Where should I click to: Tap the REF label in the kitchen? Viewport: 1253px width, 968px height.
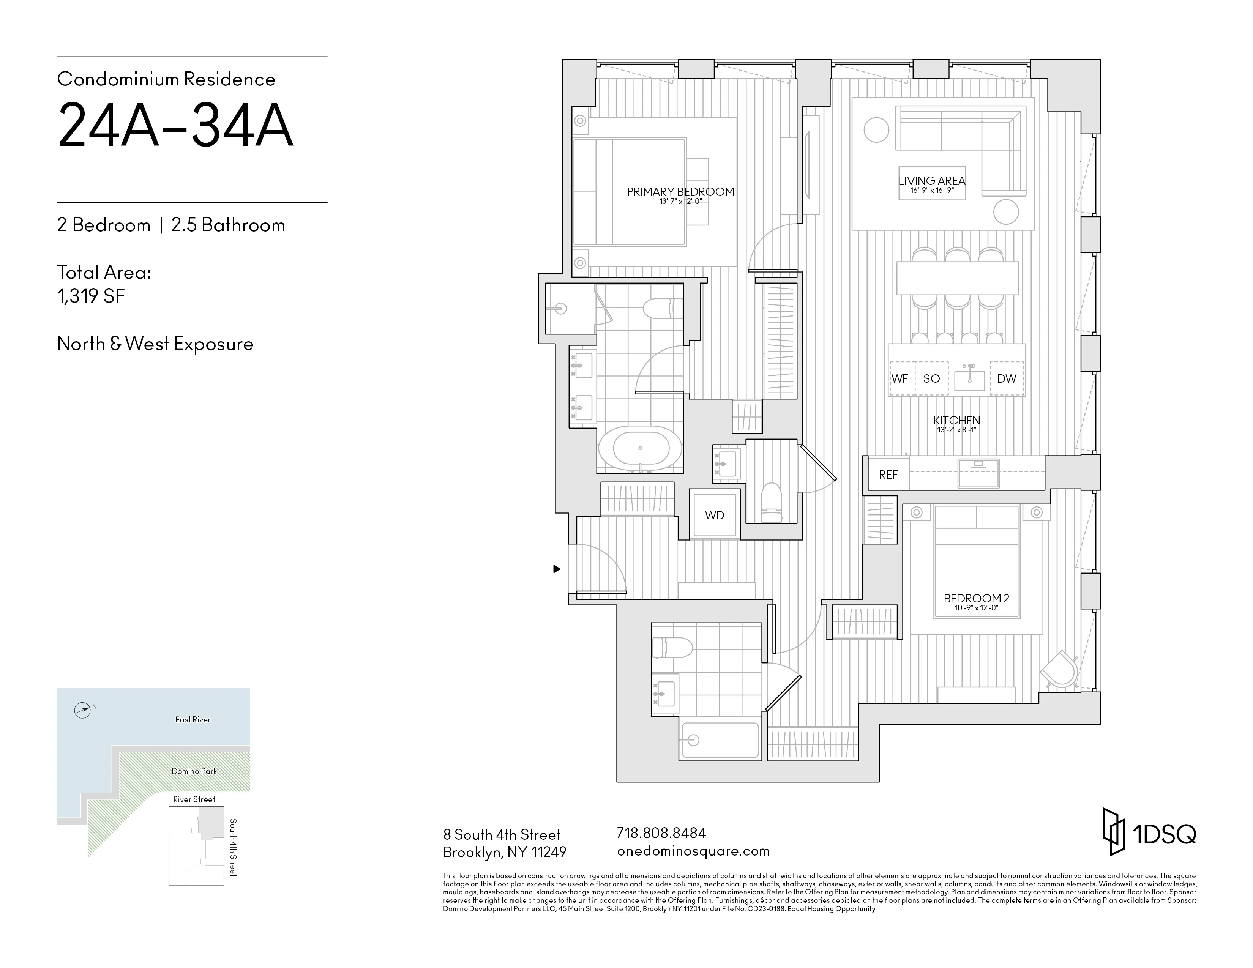(888, 475)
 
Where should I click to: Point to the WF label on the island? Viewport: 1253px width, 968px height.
(900, 378)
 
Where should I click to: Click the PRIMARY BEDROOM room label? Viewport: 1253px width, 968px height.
(680, 192)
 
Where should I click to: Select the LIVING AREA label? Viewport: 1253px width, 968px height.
(932, 181)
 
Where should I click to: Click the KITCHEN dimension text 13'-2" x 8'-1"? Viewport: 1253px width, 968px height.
(956, 429)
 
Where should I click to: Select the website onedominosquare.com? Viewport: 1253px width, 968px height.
(693, 851)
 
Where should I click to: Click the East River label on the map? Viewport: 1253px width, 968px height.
(193, 720)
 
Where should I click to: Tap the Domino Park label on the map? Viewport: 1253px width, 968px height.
(194, 771)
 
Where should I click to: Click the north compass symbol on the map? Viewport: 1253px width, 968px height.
(83, 711)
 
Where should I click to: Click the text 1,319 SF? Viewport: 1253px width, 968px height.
(91, 296)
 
